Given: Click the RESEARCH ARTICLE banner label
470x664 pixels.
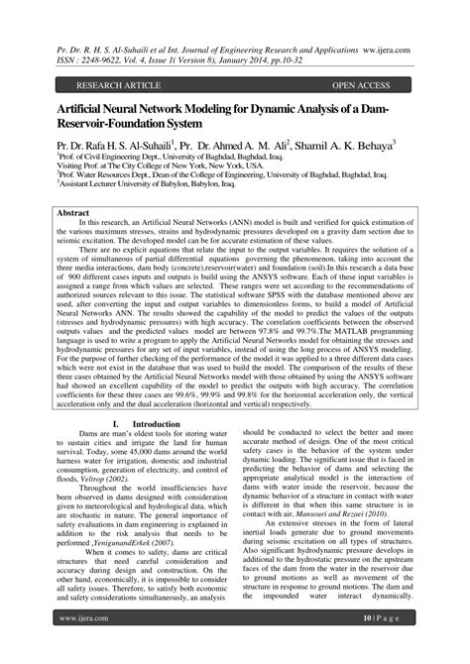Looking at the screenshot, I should pos(122,85).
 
